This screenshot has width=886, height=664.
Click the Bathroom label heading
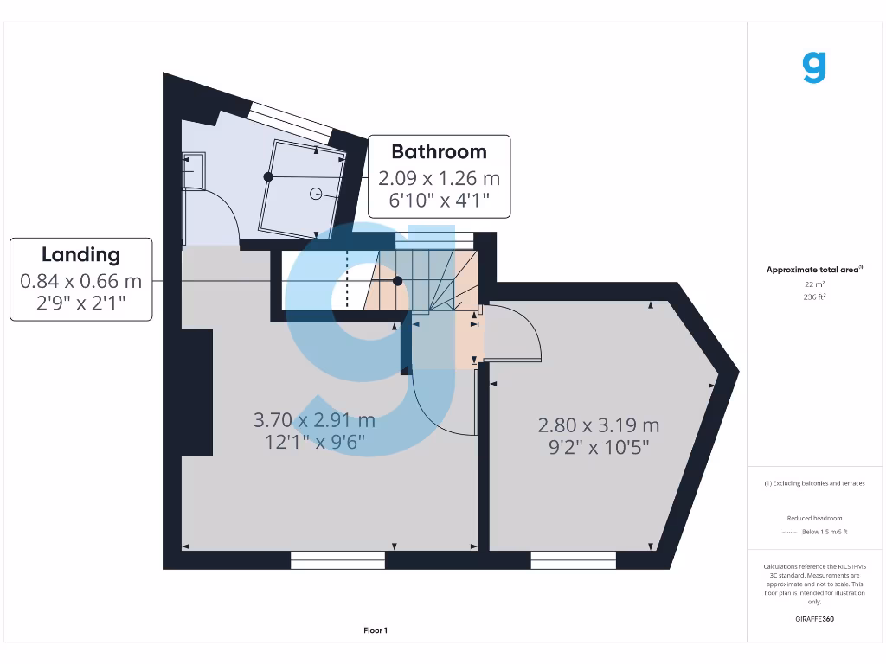[439, 151]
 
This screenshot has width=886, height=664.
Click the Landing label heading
[80, 254]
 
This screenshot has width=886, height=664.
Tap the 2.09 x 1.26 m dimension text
[439, 178]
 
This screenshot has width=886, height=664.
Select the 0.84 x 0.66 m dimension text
[80, 281]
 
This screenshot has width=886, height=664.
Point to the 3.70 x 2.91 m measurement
[314, 420]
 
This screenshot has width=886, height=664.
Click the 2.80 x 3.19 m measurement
[599, 425]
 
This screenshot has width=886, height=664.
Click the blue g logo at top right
[814, 67]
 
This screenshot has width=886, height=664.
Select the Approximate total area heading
[813, 270]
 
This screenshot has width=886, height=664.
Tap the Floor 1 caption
[376, 630]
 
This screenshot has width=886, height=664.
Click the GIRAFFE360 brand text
[813, 619]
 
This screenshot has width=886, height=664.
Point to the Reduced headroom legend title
[813, 518]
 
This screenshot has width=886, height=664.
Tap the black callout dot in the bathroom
[268, 176]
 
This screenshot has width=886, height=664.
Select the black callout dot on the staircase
[397, 281]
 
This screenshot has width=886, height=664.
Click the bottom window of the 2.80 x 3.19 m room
[566, 560]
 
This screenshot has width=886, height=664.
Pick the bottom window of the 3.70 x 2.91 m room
[337, 560]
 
